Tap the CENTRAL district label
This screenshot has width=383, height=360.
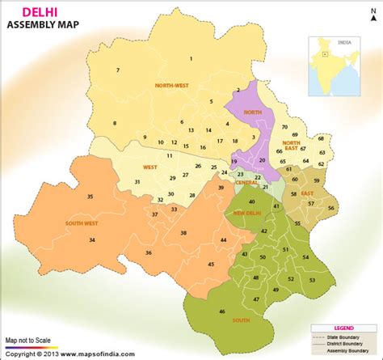(x=246, y=183)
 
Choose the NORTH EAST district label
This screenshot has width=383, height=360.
(x=291, y=146)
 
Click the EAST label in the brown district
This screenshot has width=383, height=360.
(x=308, y=193)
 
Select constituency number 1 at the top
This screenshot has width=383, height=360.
(x=191, y=58)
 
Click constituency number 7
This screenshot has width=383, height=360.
(x=117, y=71)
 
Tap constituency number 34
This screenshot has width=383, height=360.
(x=92, y=240)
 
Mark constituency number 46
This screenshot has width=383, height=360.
(x=222, y=311)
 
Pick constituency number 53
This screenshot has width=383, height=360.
(x=312, y=280)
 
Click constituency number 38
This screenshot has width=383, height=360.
(x=184, y=233)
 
